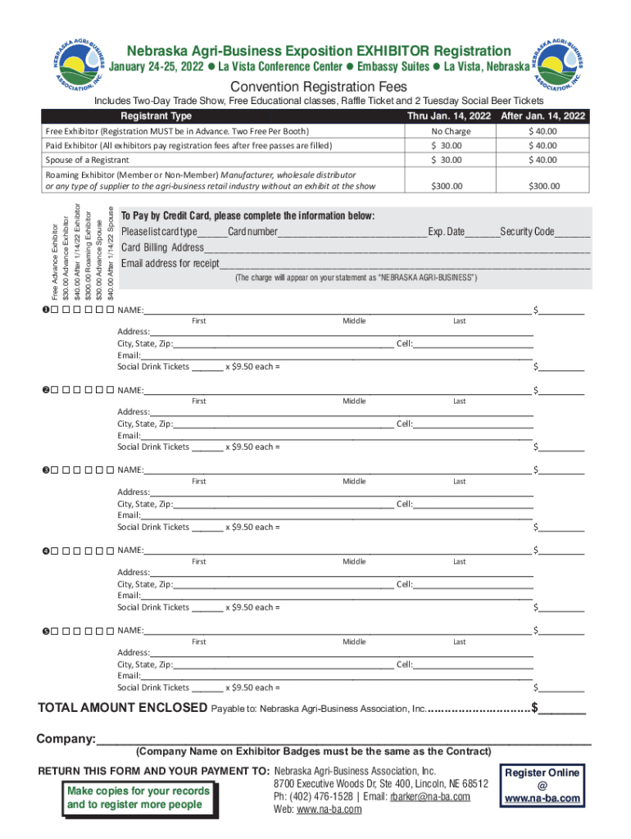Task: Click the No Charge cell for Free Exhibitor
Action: coord(451,131)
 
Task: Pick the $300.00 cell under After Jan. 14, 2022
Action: coord(544,186)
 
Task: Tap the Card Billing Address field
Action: coord(397,248)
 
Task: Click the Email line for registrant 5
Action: coord(336,676)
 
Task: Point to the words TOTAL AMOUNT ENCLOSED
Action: coord(123,708)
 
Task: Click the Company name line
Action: coord(344,739)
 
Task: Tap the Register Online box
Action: coord(542,785)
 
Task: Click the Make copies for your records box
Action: coord(138,797)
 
